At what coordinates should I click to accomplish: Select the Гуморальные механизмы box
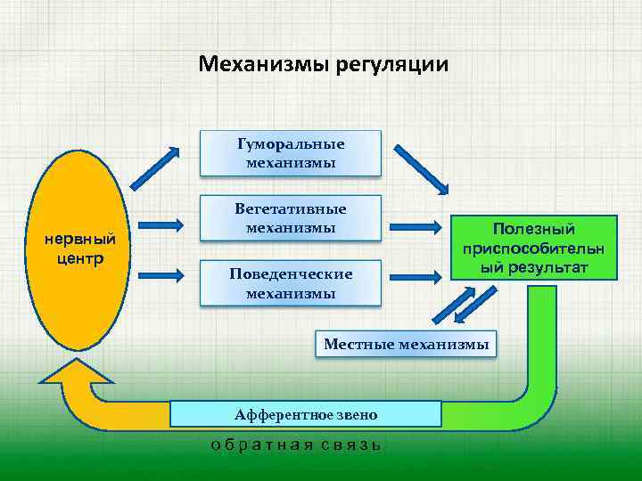tap(291, 153)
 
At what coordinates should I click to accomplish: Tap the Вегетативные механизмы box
tap(291, 218)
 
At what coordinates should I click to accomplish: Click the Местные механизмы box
tap(407, 344)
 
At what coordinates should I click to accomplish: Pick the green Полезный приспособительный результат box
tap(534, 249)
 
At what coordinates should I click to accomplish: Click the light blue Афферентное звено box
tap(306, 414)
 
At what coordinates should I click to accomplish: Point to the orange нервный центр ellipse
tap(81, 249)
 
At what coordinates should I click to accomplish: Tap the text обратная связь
tap(295, 444)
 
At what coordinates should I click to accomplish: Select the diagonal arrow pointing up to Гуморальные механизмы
tap(155, 162)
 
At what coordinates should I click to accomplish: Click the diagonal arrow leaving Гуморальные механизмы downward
tap(422, 168)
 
